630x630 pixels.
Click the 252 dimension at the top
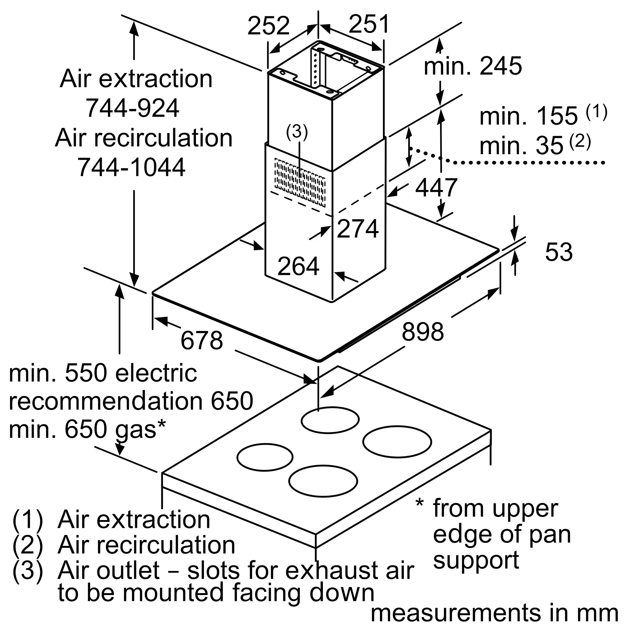coord(268,26)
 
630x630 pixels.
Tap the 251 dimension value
coord(369,24)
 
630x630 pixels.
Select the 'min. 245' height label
coord(473,66)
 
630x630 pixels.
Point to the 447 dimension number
coord(436,187)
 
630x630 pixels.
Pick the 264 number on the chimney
coord(298,266)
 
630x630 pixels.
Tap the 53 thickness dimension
coord(558,252)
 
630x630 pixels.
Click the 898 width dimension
coord(423,332)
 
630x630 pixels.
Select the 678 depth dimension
coord(202,341)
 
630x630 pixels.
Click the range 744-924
coord(132,108)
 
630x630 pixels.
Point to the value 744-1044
coord(131,167)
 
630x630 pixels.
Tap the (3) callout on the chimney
coord(297,133)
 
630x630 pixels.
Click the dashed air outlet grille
coord(300,183)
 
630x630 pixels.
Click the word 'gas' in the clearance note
coord(136,431)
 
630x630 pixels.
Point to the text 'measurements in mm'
coord(494,613)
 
